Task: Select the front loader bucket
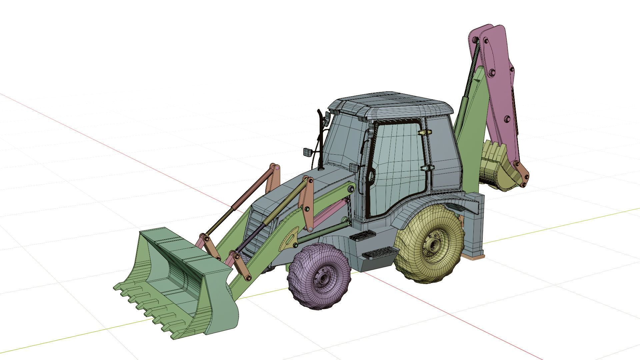(x=177, y=280)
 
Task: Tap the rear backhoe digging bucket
(x=497, y=167)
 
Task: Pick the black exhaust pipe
(x=321, y=140)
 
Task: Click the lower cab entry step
(x=380, y=253)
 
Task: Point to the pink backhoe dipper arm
(x=498, y=87)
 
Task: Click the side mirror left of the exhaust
(x=308, y=152)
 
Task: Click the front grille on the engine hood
(x=257, y=227)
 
